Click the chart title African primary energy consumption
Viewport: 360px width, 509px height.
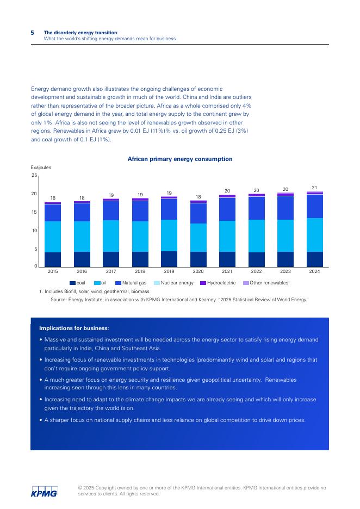pyautogui.click(x=179, y=159)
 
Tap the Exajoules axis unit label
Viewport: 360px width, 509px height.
pyautogui.click(x=41, y=167)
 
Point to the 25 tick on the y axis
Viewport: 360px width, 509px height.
pyautogui.click(x=34, y=175)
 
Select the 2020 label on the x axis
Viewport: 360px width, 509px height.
pyautogui.click(x=198, y=271)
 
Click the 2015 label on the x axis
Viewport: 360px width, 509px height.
pyautogui.click(x=53, y=271)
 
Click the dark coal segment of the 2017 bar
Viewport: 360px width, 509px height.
pyautogui.click(x=111, y=259)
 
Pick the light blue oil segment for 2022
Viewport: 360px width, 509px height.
pyautogui.click(x=256, y=235)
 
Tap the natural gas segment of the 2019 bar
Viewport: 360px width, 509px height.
pyautogui.click(x=169, y=209)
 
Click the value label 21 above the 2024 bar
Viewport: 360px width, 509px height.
pyautogui.click(x=314, y=188)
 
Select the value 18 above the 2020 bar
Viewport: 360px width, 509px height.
pyautogui.click(x=198, y=197)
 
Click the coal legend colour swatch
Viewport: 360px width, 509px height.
pyautogui.click(x=72, y=283)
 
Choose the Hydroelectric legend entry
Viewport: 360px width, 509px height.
pyautogui.click(x=218, y=283)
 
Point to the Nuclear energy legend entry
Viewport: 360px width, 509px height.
pyautogui.click(x=173, y=283)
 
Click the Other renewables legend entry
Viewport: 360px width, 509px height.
pyautogui.click(x=266, y=283)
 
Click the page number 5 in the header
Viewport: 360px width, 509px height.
pyautogui.click(x=33, y=33)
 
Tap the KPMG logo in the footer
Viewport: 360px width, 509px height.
pyautogui.click(x=44, y=491)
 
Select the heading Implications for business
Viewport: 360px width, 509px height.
pyautogui.click(x=74, y=328)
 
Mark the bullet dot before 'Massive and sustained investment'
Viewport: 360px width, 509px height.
pyautogui.click(x=41, y=340)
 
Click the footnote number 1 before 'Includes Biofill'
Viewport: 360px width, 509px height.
pyautogui.click(x=40, y=291)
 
